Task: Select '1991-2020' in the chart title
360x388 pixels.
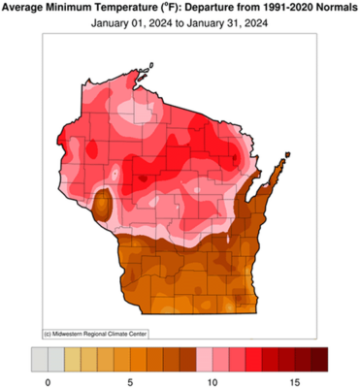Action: pos(286,9)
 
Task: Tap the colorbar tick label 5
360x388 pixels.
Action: pos(131,379)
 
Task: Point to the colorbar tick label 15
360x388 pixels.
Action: pos(296,379)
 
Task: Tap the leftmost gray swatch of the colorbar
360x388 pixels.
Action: pos(38,357)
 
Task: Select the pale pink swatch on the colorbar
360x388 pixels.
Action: pos(205,357)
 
